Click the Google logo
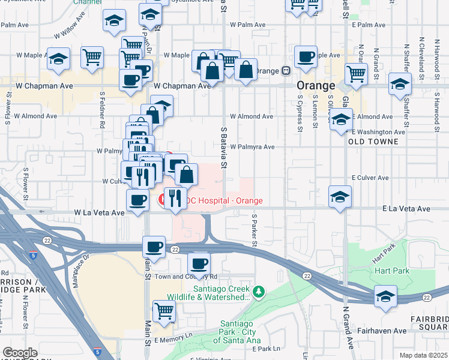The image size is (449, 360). [x=19, y=353]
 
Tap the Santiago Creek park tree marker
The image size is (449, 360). [x=259, y=292]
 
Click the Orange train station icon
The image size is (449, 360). [x=286, y=70]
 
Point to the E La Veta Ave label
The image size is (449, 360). [x=406, y=209]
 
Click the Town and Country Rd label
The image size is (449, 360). [x=185, y=277]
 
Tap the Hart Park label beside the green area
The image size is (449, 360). [x=392, y=271]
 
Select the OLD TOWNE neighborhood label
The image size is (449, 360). [x=373, y=142]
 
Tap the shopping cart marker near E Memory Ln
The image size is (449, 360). [x=164, y=311]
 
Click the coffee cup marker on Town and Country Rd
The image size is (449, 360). [x=199, y=263]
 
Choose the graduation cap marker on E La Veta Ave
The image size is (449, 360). [x=340, y=197]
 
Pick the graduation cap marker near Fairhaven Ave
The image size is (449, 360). [x=385, y=296]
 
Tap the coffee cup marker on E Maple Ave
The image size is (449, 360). [x=306, y=57]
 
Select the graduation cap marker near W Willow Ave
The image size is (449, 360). [x=114, y=21]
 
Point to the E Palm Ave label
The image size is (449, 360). [x=367, y=25]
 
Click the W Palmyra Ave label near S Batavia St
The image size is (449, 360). [x=252, y=147]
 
